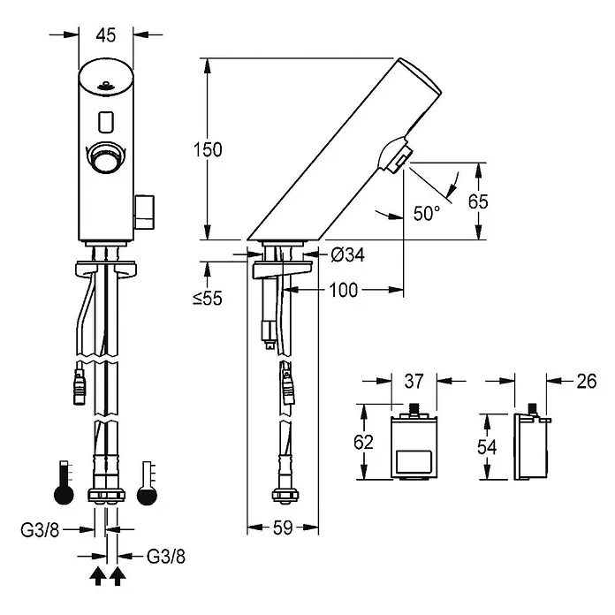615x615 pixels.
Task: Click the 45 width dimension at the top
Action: pos(106,35)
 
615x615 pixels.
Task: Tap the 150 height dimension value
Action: pos(208,149)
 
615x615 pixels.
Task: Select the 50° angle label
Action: pos(427,213)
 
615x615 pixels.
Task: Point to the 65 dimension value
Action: pos(478,201)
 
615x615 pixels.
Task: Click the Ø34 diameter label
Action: pos(347,255)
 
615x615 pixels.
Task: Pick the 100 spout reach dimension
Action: pos(343,290)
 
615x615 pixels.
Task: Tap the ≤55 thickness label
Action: pos(208,298)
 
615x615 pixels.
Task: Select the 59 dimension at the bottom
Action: pos(283,528)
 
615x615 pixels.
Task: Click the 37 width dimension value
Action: pos(414,381)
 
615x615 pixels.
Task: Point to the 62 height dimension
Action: pos(363,442)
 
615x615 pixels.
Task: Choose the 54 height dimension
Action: pos(487,447)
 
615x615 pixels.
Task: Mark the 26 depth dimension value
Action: pos(587,381)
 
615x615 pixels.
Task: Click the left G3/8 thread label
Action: pos(40,530)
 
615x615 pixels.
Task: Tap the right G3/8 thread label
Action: pos(166,556)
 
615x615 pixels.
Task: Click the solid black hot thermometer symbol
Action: pos(64,482)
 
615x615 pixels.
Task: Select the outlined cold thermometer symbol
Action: pos(147,483)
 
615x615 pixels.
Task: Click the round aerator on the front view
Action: pos(106,157)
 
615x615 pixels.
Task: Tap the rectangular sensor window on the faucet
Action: pos(106,121)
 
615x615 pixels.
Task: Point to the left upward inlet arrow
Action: pos(98,576)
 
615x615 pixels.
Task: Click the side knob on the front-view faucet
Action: pos(144,212)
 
